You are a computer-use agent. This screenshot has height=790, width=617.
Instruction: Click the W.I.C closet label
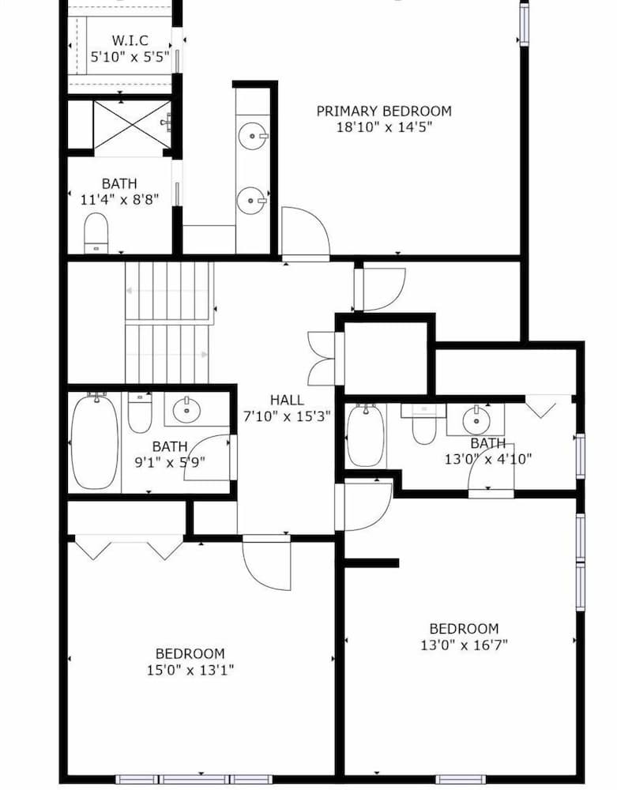130,39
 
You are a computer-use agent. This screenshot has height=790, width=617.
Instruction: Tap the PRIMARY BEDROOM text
384,111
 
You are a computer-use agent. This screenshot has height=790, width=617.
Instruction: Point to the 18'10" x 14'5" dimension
384,126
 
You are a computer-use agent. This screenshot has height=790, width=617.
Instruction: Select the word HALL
286,400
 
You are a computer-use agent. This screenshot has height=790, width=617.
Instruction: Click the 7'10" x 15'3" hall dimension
286,415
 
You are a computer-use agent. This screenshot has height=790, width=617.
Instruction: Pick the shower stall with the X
132,124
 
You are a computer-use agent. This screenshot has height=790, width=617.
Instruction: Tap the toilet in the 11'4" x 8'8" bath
96,231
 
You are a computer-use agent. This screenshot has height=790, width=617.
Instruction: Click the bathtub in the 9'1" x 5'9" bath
95,442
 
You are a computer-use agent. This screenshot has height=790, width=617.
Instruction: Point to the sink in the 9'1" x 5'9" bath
188,409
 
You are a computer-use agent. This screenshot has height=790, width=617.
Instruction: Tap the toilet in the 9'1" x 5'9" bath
140,412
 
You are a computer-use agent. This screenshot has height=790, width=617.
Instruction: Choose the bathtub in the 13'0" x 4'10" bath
366,436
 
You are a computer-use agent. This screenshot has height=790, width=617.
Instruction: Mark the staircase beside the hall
169,322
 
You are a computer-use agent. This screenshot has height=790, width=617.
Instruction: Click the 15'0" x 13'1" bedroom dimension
190,670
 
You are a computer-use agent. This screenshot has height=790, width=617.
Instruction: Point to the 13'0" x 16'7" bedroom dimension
464,645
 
